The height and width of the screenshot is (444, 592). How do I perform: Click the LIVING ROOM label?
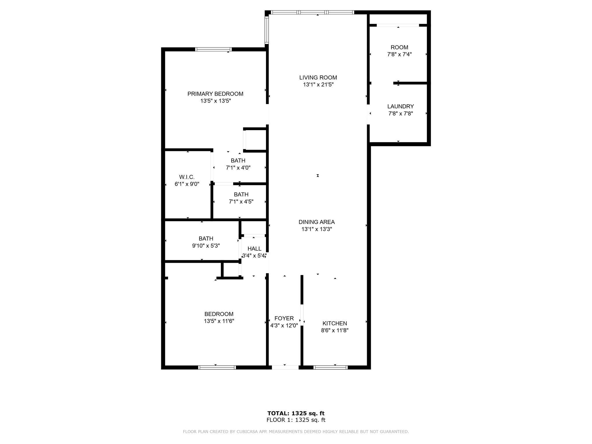coord(318,77)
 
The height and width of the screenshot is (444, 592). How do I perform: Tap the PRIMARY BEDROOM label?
coord(215,94)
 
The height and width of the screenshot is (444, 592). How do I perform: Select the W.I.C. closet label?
coord(187,177)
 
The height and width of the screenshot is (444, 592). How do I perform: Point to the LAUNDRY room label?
coord(400,106)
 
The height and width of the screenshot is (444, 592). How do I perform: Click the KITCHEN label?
coord(335,323)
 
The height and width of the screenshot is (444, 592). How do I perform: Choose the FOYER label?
coord(284,318)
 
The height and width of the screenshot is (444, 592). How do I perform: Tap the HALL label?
coord(254,249)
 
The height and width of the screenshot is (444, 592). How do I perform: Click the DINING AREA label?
coord(317,222)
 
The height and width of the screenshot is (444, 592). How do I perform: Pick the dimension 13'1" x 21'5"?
coord(318,85)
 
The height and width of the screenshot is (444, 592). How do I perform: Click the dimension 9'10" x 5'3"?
coord(206,246)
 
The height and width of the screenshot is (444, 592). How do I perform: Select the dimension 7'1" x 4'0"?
coord(238,168)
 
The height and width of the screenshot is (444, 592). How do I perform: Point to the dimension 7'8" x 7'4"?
coord(399,54)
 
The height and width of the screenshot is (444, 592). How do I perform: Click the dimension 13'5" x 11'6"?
coord(219,321)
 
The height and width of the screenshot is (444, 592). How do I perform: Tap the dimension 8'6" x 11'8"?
coord(335,330)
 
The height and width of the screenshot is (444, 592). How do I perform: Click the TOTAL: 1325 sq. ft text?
coord(296,413)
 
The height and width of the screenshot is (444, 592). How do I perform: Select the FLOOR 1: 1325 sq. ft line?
coord(296,420)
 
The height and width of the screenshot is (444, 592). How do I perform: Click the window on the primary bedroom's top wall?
coord(214,49)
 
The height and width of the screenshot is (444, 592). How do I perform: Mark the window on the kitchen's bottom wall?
coord(330,367)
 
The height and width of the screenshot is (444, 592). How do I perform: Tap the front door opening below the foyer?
coord(285,367)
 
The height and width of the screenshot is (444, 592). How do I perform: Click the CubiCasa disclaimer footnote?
coord(296,432)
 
